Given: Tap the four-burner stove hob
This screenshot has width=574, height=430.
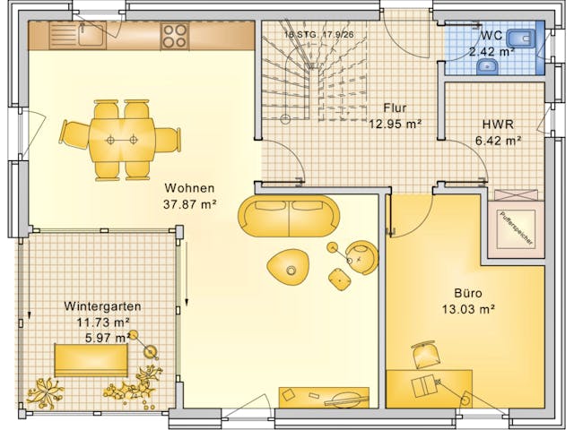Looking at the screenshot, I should [174, 36].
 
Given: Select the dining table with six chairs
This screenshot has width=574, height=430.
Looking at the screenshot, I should [121, 140].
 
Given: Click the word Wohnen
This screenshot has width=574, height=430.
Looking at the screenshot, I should [189, 188].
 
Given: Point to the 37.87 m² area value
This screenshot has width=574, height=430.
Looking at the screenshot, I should [189, 203].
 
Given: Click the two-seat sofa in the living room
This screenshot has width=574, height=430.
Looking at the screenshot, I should [289, 216].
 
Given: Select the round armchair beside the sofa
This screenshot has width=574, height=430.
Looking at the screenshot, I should [362, 258].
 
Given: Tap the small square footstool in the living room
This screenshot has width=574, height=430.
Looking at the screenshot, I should [339, 280].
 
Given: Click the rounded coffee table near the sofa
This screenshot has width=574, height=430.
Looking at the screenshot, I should [289, 265].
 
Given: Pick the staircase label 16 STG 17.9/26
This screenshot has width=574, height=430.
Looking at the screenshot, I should [317, 34].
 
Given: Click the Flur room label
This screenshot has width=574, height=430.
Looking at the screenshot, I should [396, 107].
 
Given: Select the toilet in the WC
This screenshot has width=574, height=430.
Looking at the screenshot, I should [520, 39].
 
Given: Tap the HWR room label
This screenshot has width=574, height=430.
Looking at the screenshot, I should [498, 125].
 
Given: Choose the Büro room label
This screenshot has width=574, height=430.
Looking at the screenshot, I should [468, 294].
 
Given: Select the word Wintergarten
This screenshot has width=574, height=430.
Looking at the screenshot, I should [103, 305].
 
